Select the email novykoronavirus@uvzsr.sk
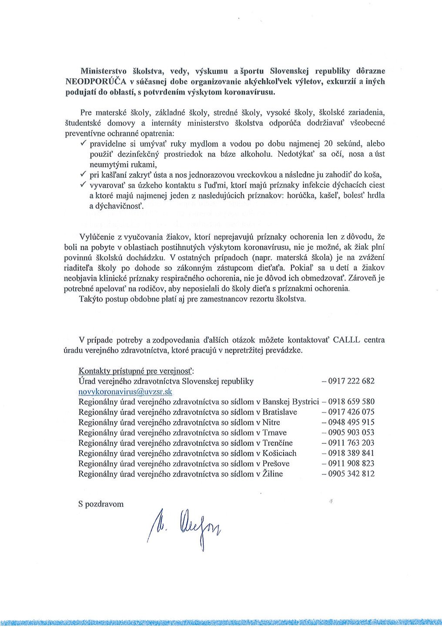pos(125,391)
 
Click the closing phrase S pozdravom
pos(101,504)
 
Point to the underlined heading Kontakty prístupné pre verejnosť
pos(136,371)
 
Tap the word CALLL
pos(346,340)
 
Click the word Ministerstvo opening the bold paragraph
pos(104,71)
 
